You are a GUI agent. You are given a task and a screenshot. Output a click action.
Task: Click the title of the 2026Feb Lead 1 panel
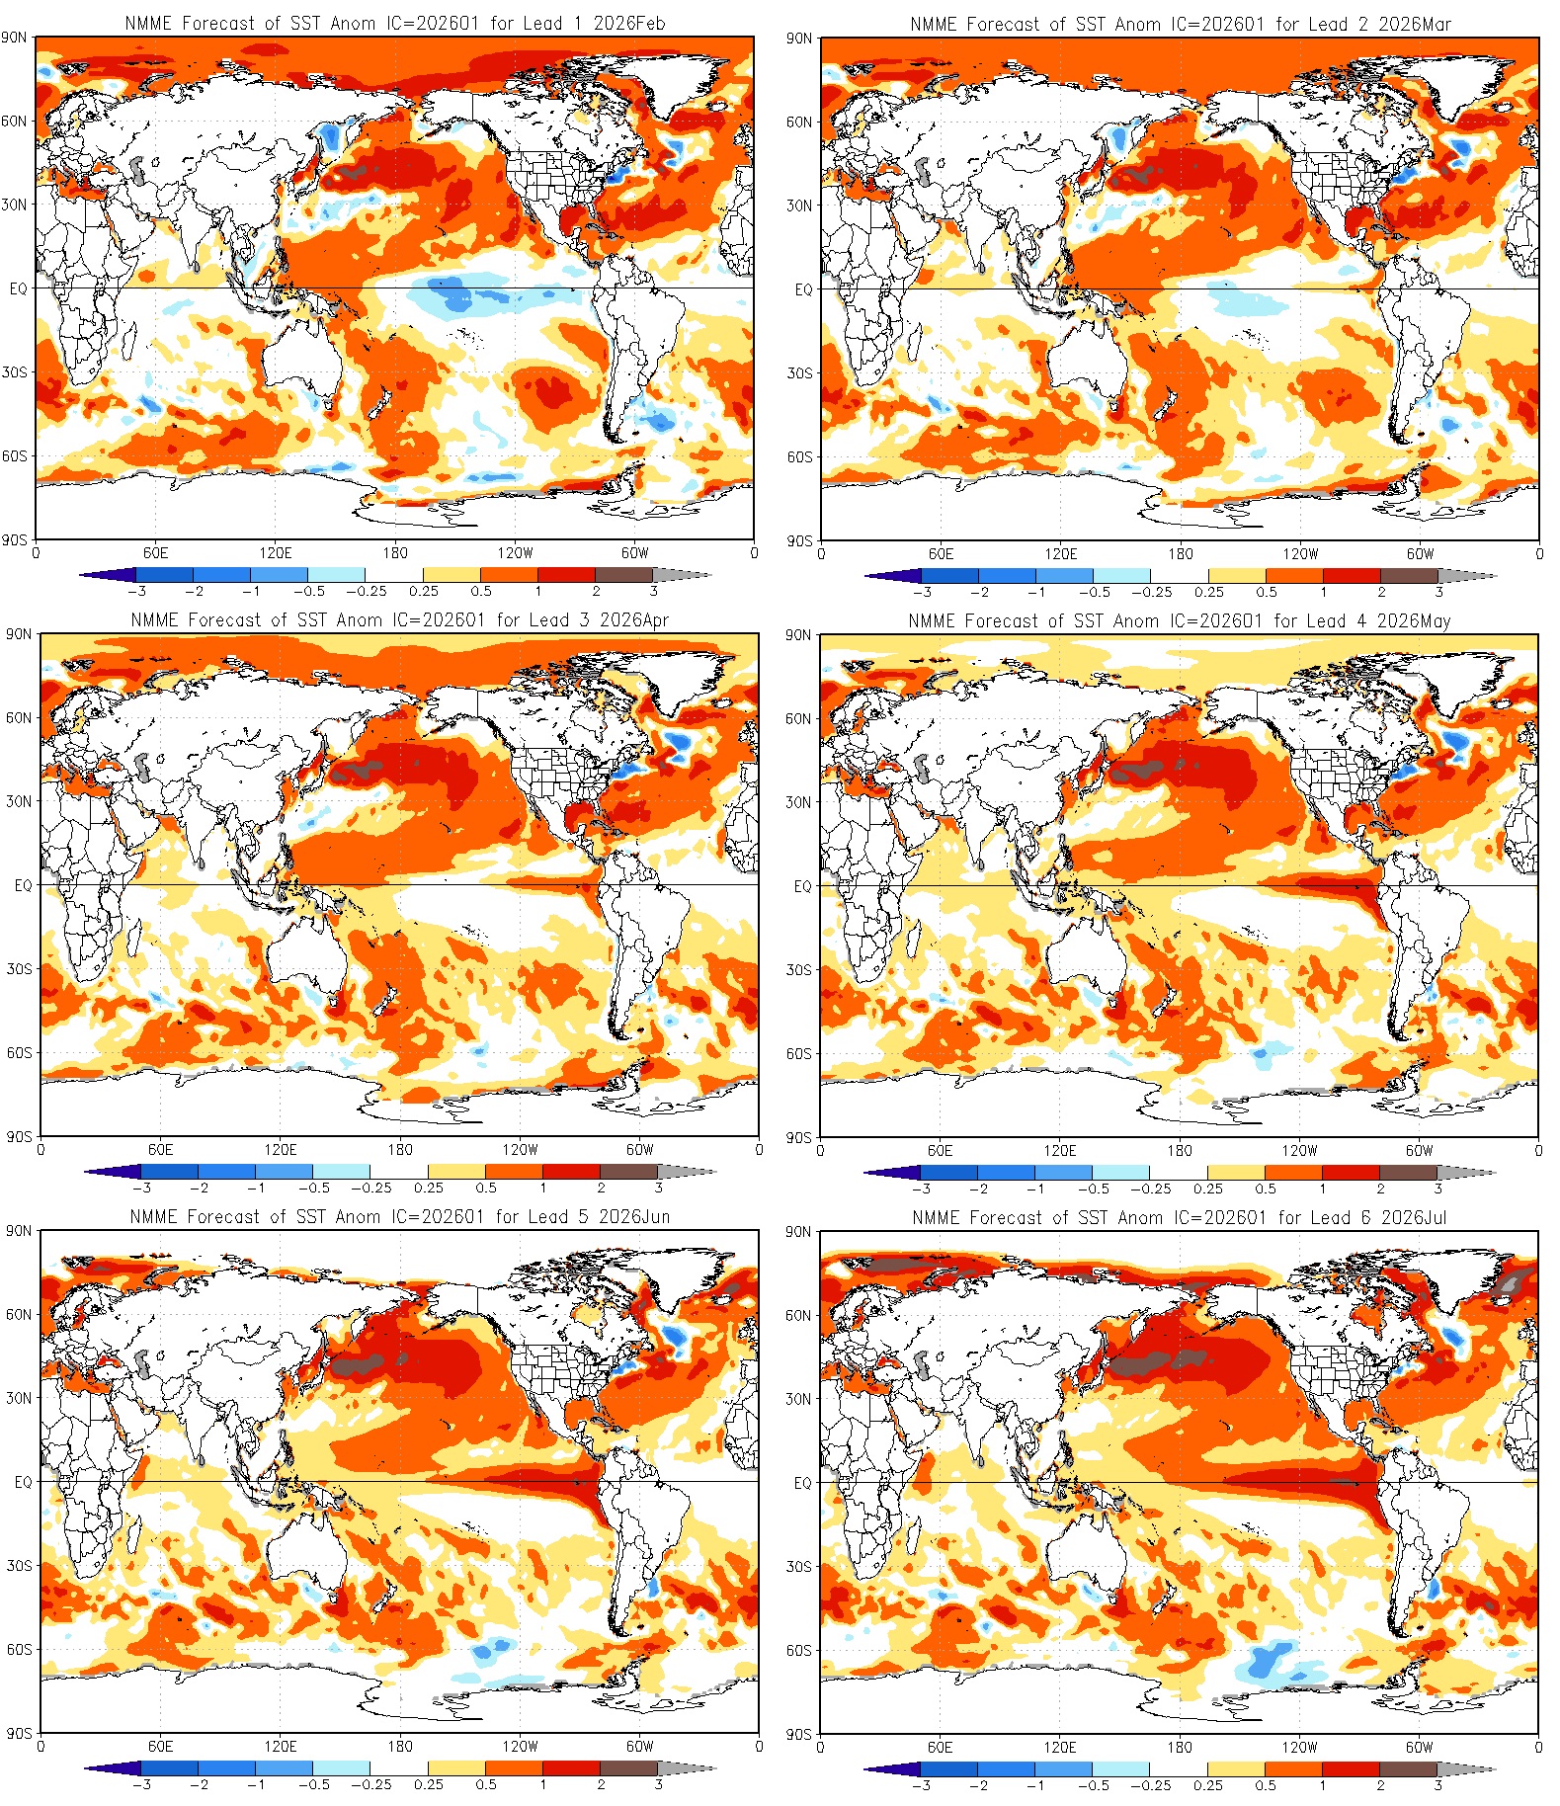(x=395, y=23)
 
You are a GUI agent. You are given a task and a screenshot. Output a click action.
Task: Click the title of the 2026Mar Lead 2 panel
(x=1181, y=24)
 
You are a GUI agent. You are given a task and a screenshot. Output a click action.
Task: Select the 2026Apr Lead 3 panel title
(x=399, y=620)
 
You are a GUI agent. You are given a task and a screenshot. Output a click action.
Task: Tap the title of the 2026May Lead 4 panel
(x=1180, y=621)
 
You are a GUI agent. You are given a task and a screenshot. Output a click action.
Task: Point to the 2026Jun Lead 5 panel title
(x=399, y=1217)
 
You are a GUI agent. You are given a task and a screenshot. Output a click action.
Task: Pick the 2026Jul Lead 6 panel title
(x=1180, y=1218)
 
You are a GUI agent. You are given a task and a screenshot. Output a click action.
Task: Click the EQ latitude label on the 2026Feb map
(x=18, y=288)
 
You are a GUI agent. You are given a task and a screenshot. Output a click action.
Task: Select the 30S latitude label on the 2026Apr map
(x=20, y=969)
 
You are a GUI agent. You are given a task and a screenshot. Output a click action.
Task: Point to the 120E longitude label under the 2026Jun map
(x=281, y=1746)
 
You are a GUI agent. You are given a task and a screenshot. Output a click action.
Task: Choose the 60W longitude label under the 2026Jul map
(x=1419, y=1747)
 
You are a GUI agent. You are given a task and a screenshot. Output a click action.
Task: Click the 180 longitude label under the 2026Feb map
(x=395, y=553)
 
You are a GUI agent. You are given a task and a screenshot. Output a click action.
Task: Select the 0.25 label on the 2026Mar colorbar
(x=1208, y=593)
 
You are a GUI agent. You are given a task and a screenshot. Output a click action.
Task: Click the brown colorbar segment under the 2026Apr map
(x=629, y=1172)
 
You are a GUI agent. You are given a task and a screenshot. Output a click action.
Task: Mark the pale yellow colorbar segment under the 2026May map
(x=1236, y=1173)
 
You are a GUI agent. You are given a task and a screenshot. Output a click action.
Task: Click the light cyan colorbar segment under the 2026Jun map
(x=342, y=1768)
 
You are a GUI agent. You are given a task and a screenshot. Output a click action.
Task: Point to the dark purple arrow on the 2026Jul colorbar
(x=886, y=1769)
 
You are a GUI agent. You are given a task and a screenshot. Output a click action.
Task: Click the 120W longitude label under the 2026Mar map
(x=1300, y=554)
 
